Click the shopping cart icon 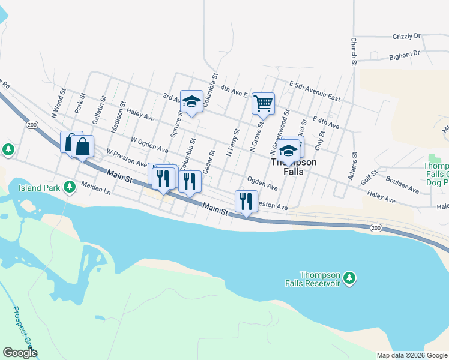coord(263,104)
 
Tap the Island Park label coord(37,188)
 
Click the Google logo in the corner coord(20,353)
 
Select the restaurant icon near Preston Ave coord(246,201)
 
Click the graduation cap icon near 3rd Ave coord(191,103)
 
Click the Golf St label coord(369,177)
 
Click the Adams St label coord(352,166)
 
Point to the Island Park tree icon coord(70,188)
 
